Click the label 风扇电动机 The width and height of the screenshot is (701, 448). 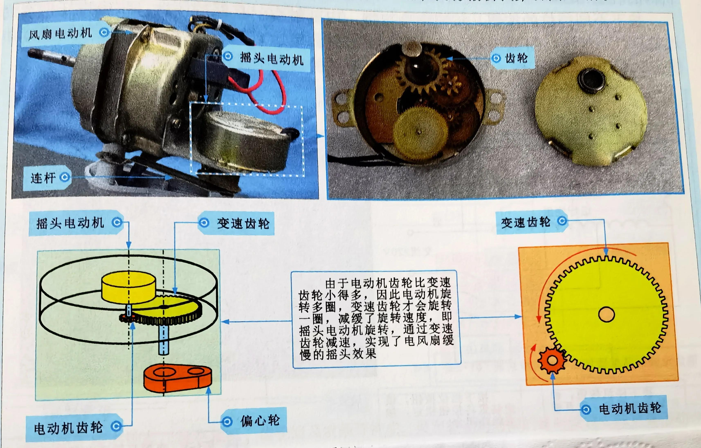61,34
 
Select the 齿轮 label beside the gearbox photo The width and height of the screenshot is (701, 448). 516,58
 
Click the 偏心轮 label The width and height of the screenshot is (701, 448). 260,421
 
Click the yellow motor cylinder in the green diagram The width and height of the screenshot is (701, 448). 128,286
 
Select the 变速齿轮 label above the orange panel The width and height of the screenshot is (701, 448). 526,223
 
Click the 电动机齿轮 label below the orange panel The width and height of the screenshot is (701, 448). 630,409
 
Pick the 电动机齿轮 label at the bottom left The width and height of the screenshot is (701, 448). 69,428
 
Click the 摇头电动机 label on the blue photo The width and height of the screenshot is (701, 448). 271,58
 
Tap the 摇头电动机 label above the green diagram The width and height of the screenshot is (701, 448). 70,223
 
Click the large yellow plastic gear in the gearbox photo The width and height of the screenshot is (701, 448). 420,132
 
